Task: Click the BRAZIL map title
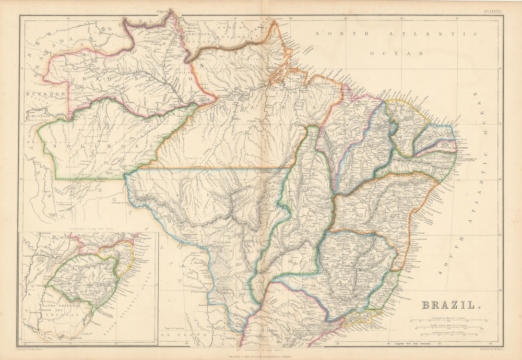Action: click(x=449, y=305)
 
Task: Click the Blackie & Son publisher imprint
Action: click(x=260, y=356)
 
